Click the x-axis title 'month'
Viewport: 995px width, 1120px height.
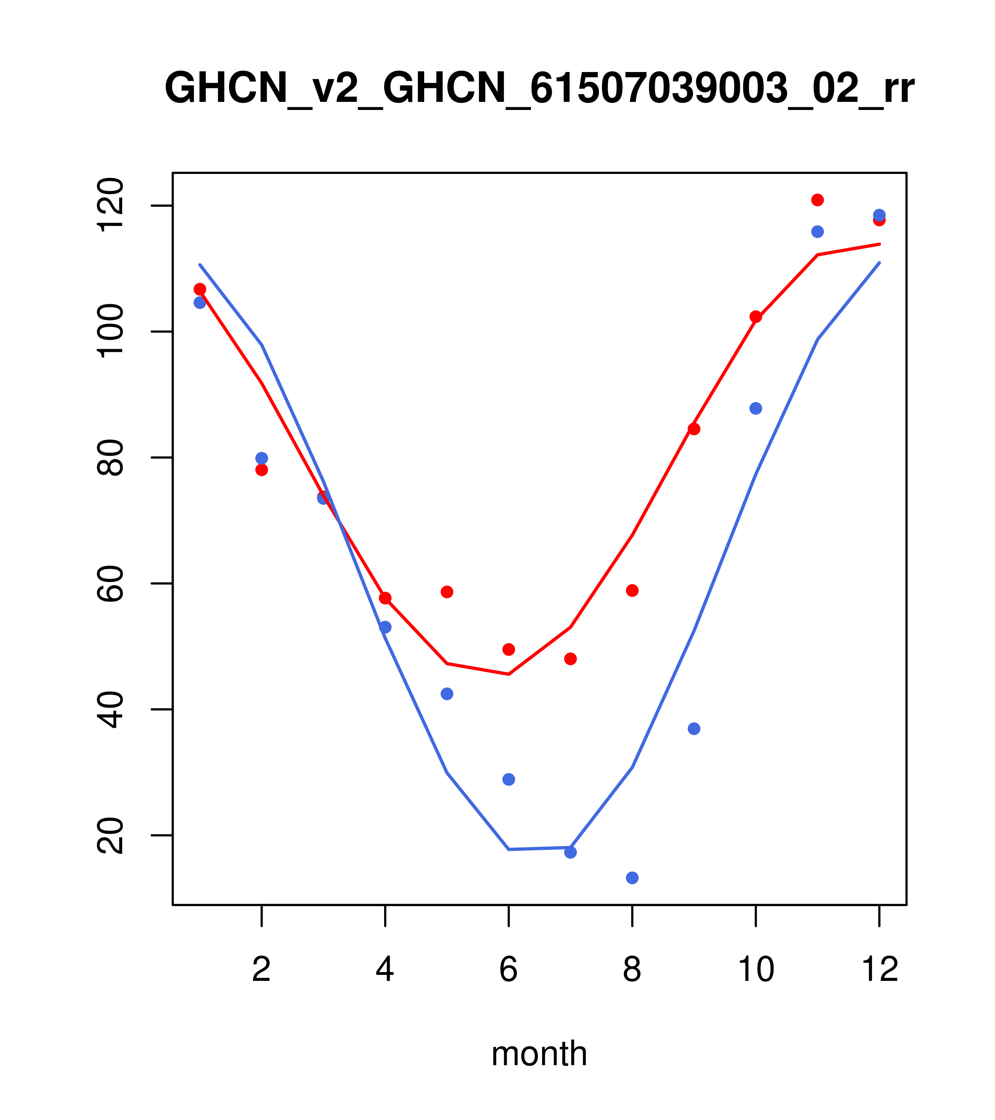539,1053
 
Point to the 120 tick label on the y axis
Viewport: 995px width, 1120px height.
110,206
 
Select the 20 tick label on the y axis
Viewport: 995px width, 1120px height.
110,836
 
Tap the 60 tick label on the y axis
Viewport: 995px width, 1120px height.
110,584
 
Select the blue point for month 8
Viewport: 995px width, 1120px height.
632,878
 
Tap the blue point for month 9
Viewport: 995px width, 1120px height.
694,729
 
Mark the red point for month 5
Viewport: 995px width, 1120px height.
447,592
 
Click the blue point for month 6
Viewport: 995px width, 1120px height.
509,780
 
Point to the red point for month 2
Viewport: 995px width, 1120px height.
262,470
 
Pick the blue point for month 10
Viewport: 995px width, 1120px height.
756,408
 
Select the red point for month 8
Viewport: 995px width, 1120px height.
632,591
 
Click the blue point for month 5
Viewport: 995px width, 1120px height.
447,694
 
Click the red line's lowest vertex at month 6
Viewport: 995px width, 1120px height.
509,674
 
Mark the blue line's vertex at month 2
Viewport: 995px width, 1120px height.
262,345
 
